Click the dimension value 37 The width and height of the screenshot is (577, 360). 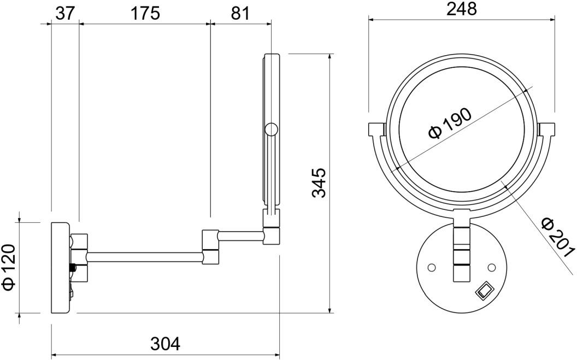pos(65,14)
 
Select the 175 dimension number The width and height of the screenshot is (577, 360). pos(145,14)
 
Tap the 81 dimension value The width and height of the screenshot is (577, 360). pos(240,14)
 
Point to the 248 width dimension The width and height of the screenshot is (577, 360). pos(462,9)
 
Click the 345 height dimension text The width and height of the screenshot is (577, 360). pos(319,183)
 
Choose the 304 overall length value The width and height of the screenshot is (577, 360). pos(165,344)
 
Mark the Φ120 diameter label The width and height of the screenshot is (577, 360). pos(10,267)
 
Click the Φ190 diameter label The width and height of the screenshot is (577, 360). pos(450,123)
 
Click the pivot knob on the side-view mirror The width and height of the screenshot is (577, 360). pos(271,129)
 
